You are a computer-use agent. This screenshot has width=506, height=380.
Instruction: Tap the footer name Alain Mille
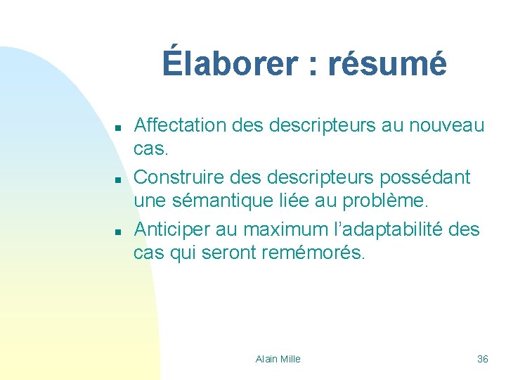[x=278, y=359]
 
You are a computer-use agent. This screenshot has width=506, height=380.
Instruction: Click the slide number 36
[x=483, y=359]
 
